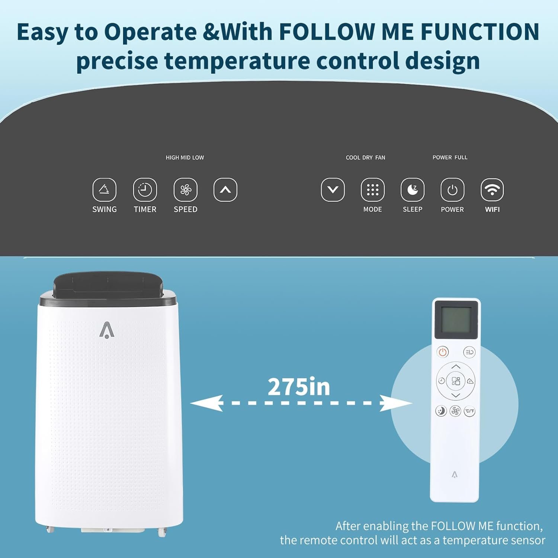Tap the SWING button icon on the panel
[x=105, y=190]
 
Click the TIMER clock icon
[x=145, y=190]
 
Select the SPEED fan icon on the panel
[x=186, y=190]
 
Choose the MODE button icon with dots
[x=373, y=190]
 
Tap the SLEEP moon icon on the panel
[x=413, y=190]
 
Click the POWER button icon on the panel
[x=452, y=190]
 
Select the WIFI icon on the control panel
[x=492, y=190]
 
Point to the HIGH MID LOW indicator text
[x=185, y=158]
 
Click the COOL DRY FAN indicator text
[x=366, y=158]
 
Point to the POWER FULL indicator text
[x=450, y=157]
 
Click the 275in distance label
[x=299, y=387]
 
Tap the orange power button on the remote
[x=443, y=352]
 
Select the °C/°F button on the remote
[x=469, y=411]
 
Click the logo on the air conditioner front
[x=107, y=330]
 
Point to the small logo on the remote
[x=455, y=474]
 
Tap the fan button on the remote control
[x=455, y=411]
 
